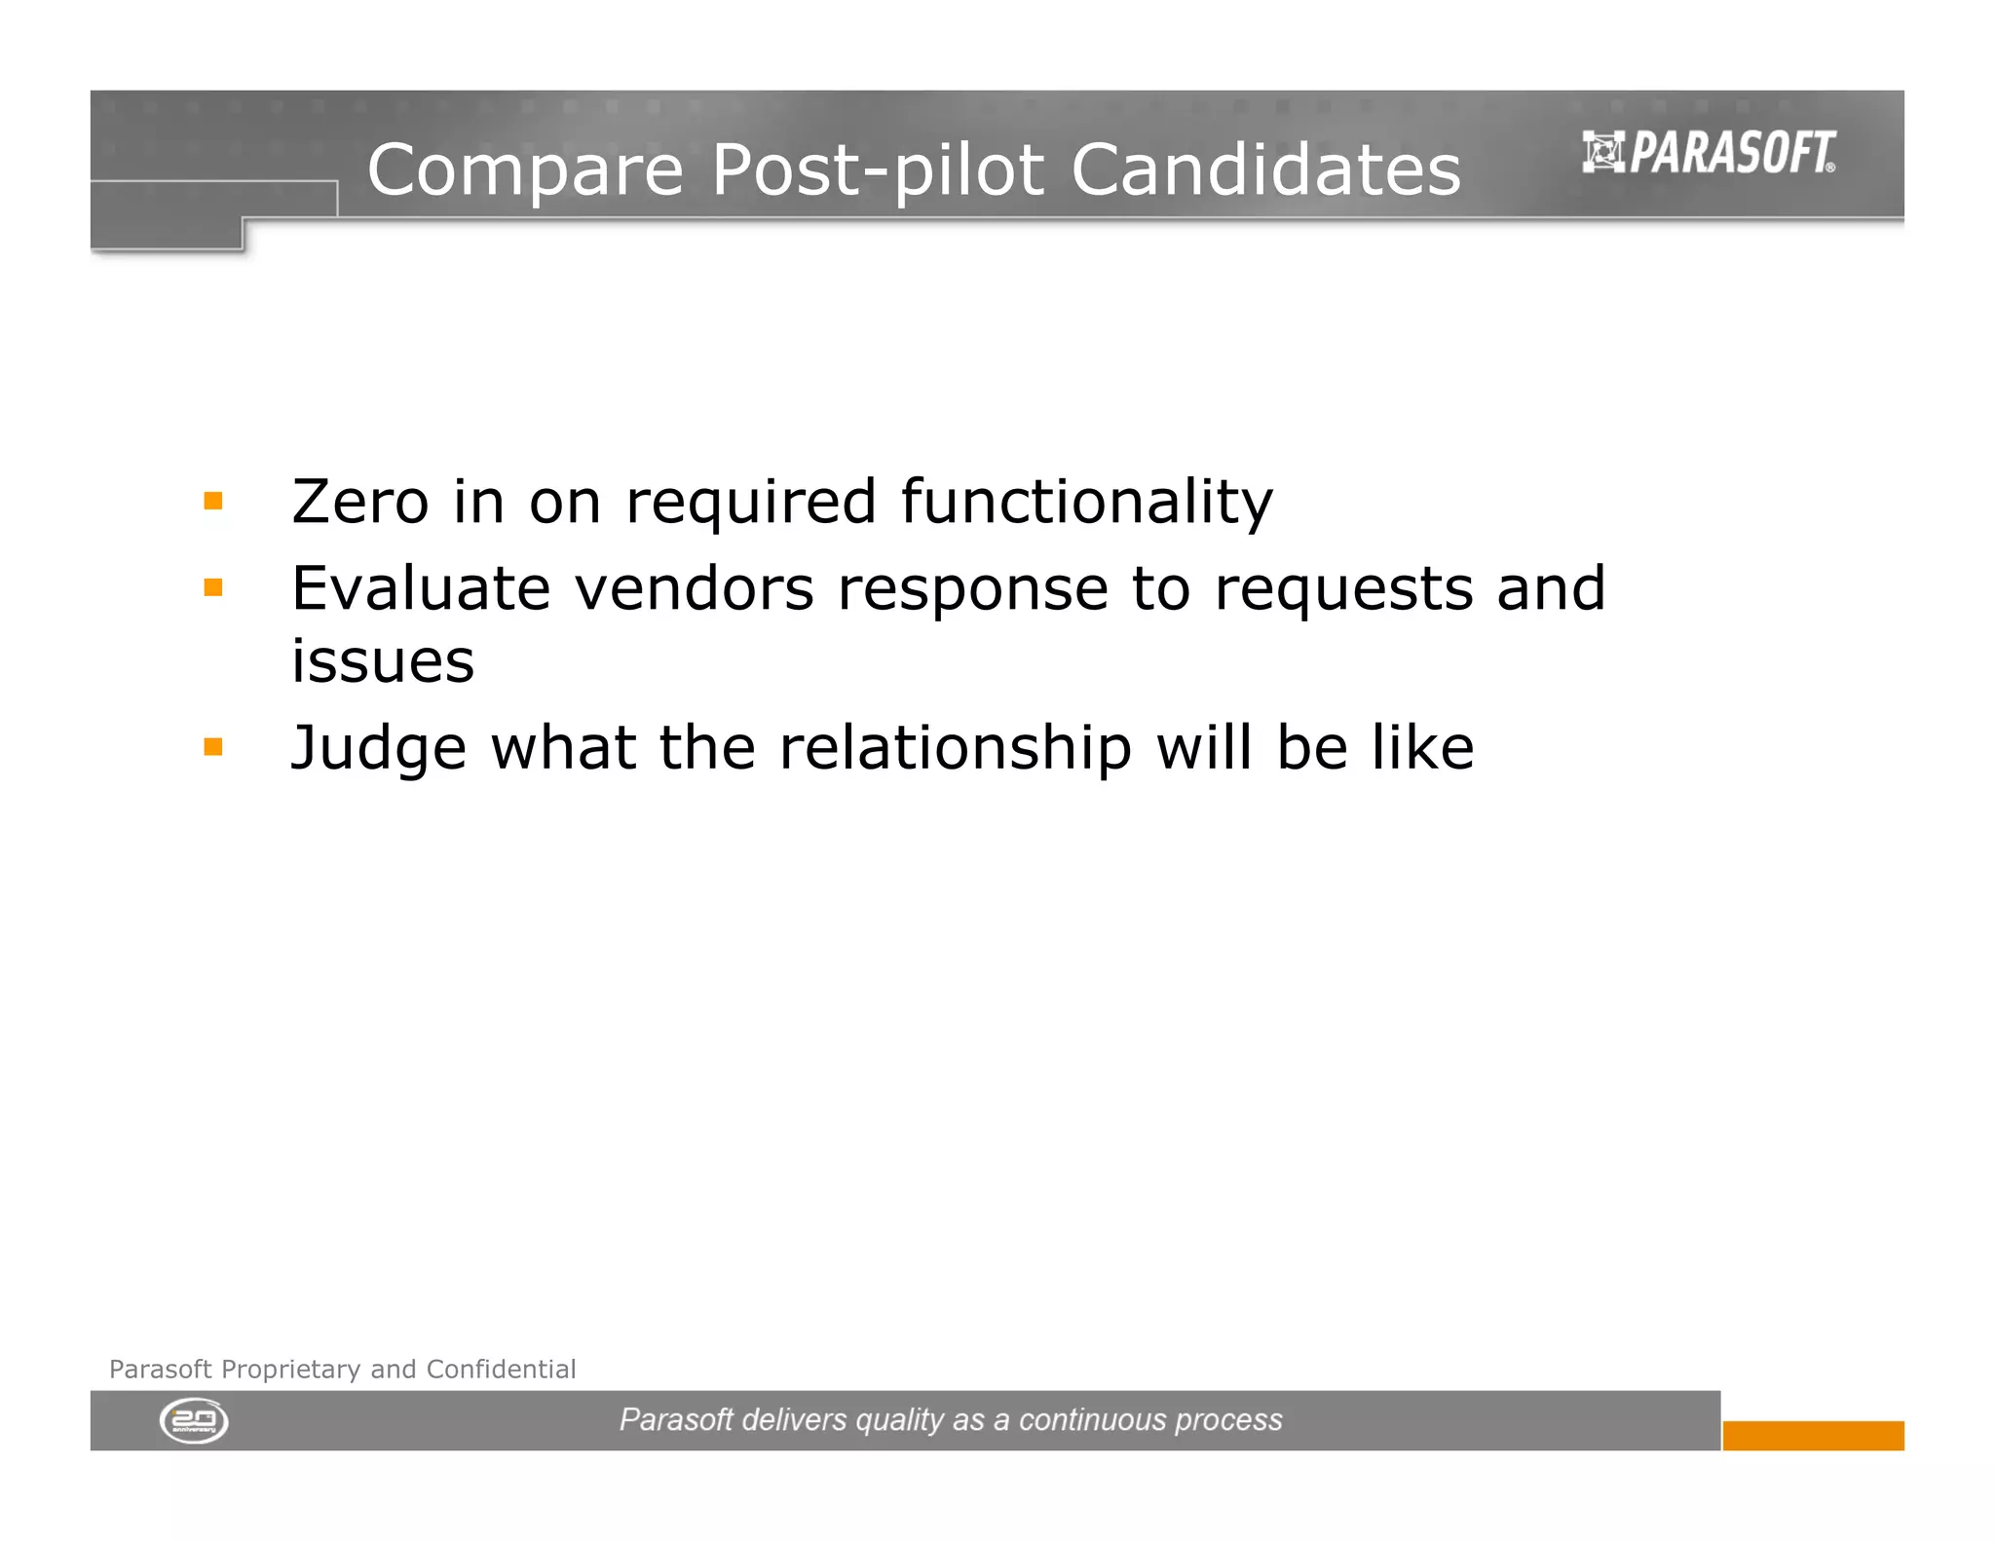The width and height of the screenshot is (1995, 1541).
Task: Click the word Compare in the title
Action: (x=525, y=170)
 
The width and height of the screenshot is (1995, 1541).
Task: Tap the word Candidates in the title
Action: (x=1265, y=170)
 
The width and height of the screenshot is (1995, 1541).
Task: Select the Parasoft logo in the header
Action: (x=1709, y=153)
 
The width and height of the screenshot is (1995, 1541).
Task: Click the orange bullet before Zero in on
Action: (x=213, y=502)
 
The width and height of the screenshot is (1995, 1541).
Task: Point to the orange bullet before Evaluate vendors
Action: (x=213, y=587)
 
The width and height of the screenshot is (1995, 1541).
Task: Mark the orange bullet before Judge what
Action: (x=213, y=747)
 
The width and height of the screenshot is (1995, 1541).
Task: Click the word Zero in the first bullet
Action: (x=359, y=502)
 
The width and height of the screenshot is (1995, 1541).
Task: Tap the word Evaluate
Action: (x=421, y=588)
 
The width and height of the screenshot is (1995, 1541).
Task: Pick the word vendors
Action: (x=694, y=588)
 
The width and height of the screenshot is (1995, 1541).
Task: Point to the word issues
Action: (x=383, y=661)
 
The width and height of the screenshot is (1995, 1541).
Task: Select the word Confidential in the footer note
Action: (x=501, y=1369)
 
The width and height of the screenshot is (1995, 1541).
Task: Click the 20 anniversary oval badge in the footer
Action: (x=194, y=1421)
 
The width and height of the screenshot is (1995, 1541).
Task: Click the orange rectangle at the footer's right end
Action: (x=1813, y=1435)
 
